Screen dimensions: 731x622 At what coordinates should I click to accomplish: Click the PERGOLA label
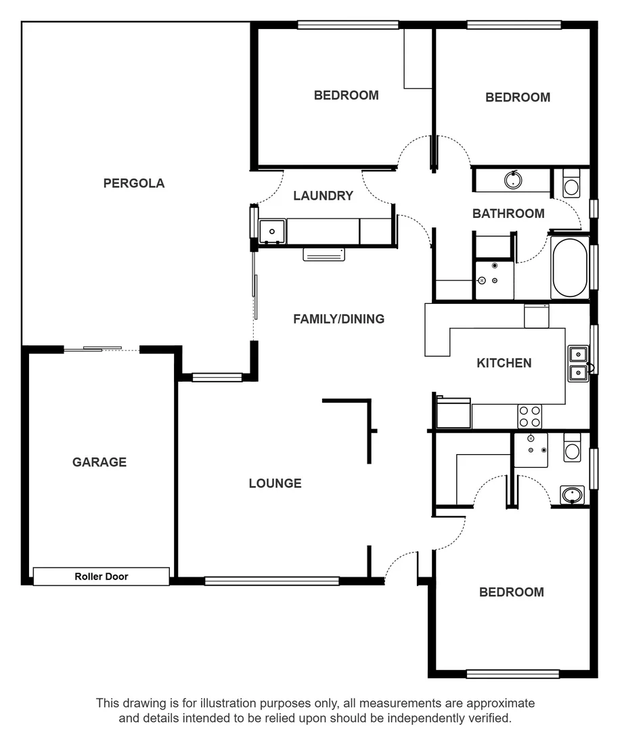click(133, 183)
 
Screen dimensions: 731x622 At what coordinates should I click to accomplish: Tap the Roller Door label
click(101, 577)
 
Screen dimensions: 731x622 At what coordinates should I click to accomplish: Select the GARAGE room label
click(99, 462)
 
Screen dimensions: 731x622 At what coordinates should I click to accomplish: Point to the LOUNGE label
click(275, 483)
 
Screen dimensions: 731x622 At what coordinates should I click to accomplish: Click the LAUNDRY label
click(323, 196)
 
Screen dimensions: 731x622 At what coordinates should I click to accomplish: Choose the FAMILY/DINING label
click(338, 318)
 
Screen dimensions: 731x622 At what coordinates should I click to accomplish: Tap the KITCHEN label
click(504, 363)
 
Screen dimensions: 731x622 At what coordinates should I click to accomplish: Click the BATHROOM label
click(508, 213)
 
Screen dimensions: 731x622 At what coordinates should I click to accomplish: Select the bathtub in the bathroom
click(569, 267)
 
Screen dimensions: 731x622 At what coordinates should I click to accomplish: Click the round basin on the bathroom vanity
click(513, 180)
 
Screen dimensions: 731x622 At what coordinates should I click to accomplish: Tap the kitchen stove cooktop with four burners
click(529, 416)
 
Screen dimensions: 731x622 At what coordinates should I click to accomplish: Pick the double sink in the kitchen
click(578, 363)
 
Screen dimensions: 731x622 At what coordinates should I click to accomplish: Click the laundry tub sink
click(272, 231)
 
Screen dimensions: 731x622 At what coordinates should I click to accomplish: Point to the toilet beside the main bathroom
click(571, 185)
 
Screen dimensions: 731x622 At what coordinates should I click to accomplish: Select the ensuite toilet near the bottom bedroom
click(572, 449)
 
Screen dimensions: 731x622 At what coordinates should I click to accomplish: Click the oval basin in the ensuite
click(573, 495)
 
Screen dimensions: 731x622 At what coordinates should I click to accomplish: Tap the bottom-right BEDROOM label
click(511, 592)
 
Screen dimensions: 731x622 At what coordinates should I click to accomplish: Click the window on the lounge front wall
click(271, 581)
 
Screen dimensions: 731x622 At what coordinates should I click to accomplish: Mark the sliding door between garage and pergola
click(102, 349)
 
